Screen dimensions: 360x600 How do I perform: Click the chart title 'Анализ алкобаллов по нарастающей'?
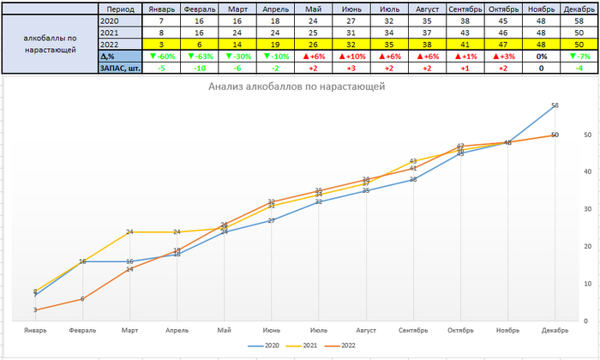click(296, 87)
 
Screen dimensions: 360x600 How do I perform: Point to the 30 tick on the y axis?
click(586, 208)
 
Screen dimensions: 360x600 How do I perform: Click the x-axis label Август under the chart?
click(366, 330)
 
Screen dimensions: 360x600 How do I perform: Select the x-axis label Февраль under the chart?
click(82, 330)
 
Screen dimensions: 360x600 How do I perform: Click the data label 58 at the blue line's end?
click(555, 105)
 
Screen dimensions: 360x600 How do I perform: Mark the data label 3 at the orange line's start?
click(35, 310)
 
